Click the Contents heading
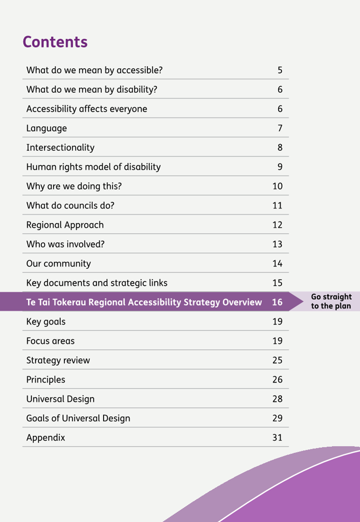[55, 42]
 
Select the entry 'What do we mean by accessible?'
[95, 70]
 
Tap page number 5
[280, 70]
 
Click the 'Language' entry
[46, 129]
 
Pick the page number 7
[280, 128]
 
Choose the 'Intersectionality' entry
[60, 147]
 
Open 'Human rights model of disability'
[94, 167]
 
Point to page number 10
[277, 186]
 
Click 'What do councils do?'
[70, 205]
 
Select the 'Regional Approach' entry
[65, 225]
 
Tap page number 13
[277, 244]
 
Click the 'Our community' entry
[59, 263]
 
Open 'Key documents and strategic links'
[97, 283]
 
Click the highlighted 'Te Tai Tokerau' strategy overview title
[144, 302]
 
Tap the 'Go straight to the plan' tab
[331, 301]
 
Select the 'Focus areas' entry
[50, 341]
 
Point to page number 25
[277, 360]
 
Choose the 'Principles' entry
[46, 380]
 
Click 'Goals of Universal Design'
[78, 418]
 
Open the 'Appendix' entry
[46, 438]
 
